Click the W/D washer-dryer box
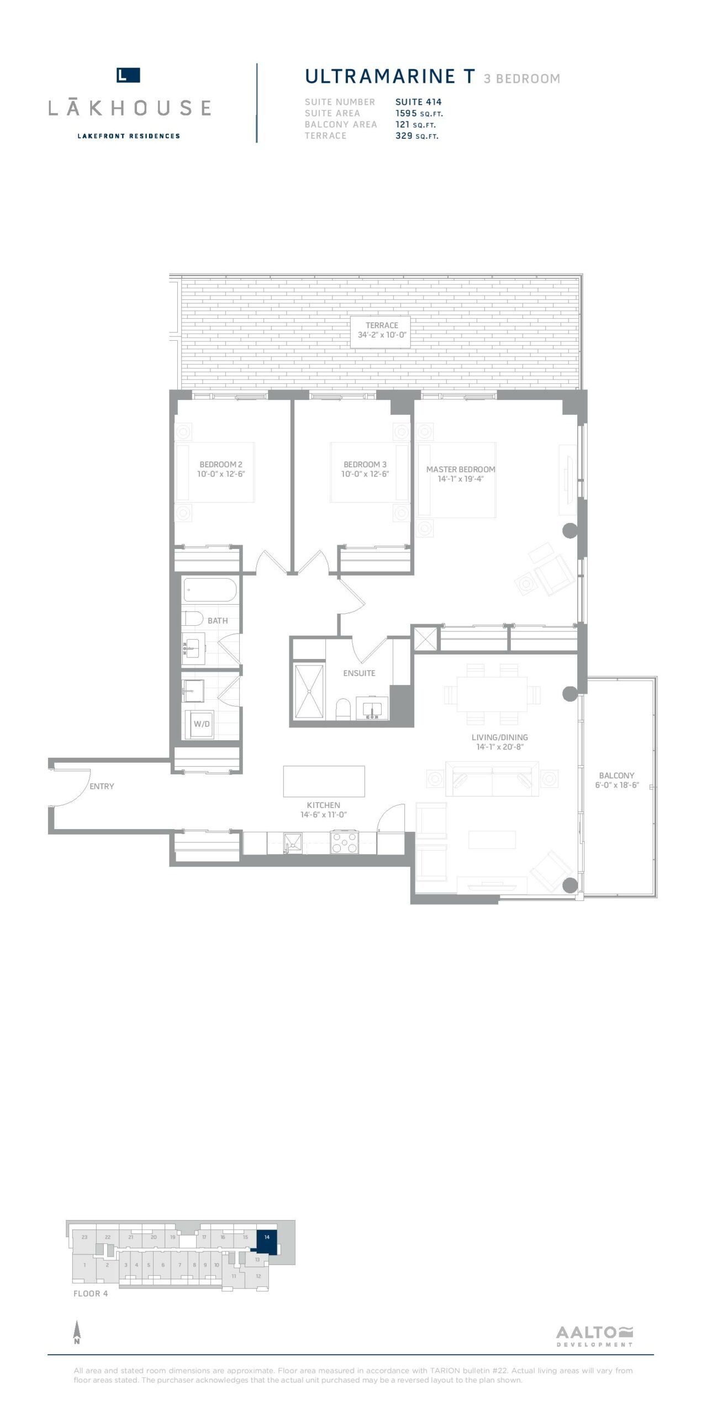click(x=201, y=724)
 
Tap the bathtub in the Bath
click(x=210, y=590)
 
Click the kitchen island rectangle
click(x=324, y=781)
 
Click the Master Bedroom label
click(x=461, y=469)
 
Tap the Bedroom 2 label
click(x=221, y=465)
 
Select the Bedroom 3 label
click(x=365, y=465)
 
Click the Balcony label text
click(x=617, y=775)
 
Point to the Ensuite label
click(x=359, y=673)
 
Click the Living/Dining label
click(x=500, y=737)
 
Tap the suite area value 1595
click(x=406, y=113)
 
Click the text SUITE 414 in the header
click(x=419, y=102)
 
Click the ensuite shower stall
click(x=309, y=693)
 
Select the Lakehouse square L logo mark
click(x=128, y=75)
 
